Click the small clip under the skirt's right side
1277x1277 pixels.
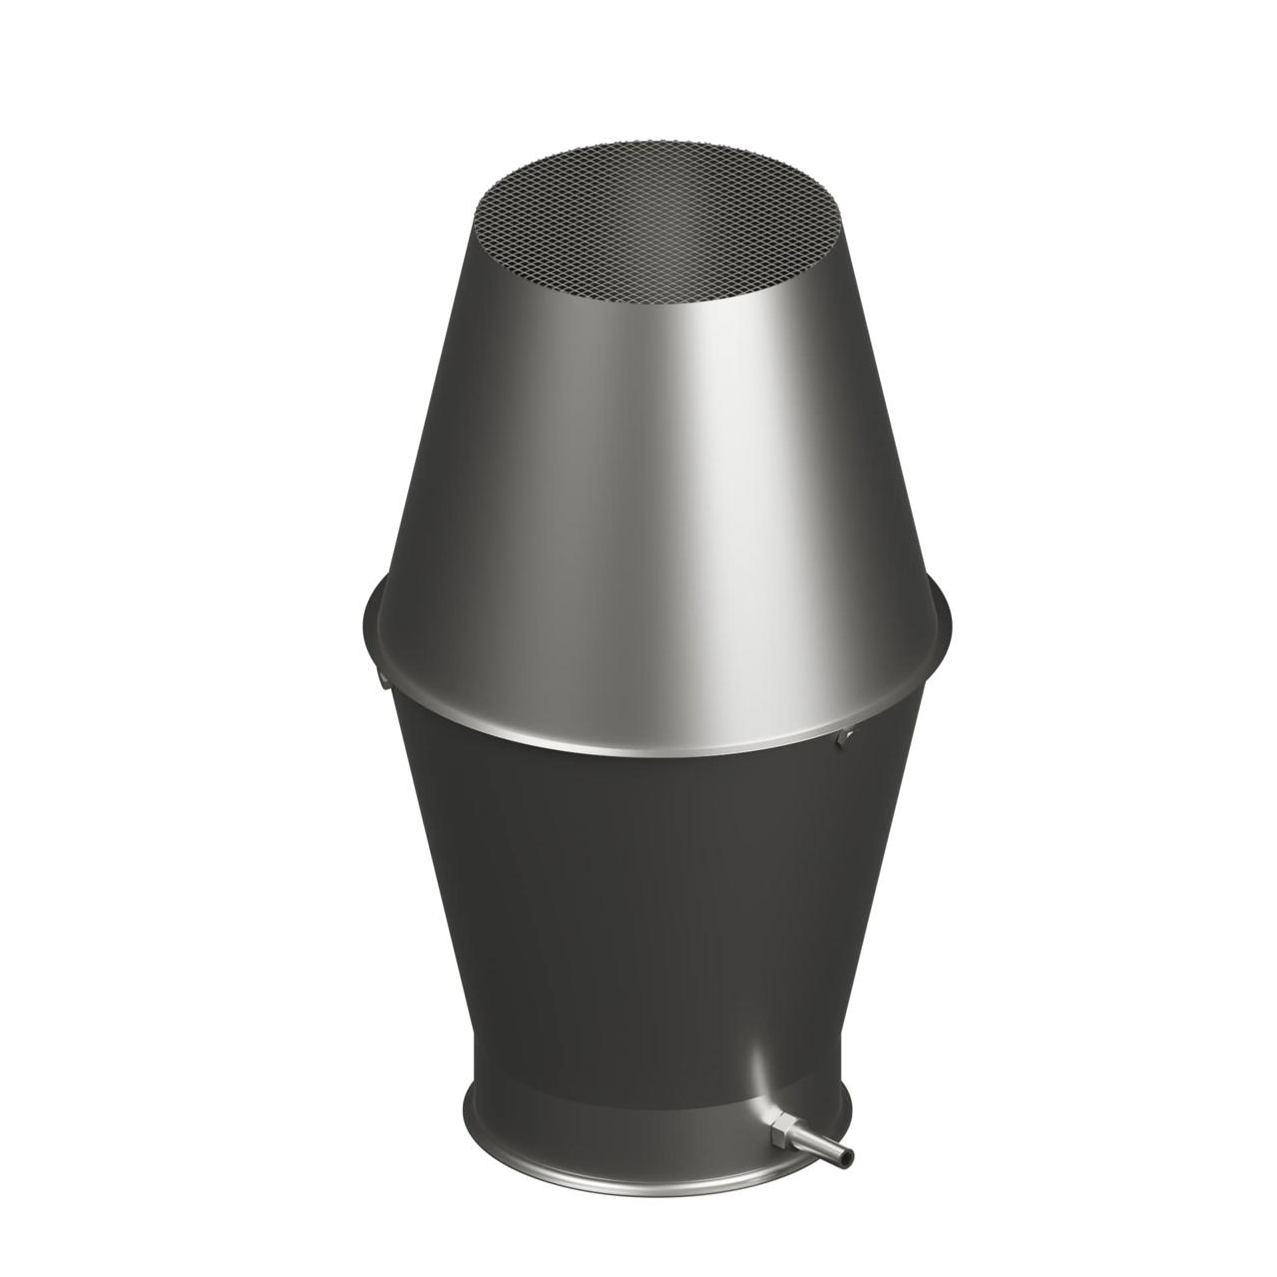click(845, 735)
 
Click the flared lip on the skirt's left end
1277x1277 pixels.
click(370, 624)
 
